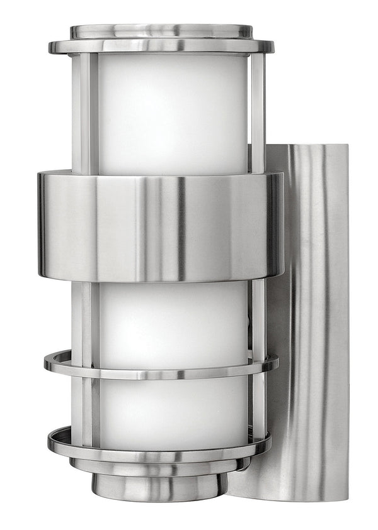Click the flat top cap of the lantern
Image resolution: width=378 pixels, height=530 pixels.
coord(161,30)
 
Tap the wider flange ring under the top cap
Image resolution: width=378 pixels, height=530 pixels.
coord(161,47)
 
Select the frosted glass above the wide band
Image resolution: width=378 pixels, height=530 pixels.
coord(171,113)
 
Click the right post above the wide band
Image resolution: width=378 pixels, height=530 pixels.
coord(257,113)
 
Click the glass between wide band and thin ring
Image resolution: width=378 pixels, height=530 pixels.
coord(171,321)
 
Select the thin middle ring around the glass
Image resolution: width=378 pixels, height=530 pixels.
coord(161,367)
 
